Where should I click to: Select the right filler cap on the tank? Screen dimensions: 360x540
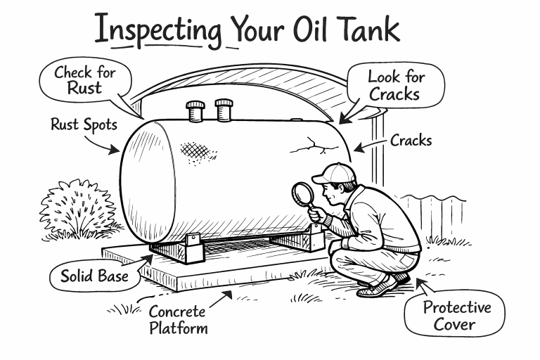coord(224,109)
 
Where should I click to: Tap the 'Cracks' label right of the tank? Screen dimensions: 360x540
coord(411,140)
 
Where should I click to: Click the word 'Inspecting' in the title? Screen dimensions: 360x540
coord(156,32)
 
